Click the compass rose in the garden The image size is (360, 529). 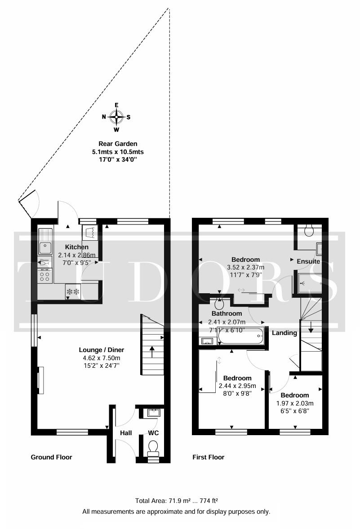(116, 117)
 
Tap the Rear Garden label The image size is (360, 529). (118, 144)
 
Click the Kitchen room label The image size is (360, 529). (77, 247)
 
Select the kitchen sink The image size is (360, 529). (45, 242)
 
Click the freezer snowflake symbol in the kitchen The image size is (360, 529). (73, 291)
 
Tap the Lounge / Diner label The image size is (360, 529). (101, 350)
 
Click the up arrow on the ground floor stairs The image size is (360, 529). (151, 352)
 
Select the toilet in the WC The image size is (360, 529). (153, 448)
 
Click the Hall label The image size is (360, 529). (126, 433)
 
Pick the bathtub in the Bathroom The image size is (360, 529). (241, 336)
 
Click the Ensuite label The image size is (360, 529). (308, 261)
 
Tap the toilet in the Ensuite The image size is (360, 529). (309, 230)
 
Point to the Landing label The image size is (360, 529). (284, 333)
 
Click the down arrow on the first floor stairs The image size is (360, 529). (311, 327)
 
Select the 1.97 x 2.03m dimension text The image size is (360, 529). (295, 403)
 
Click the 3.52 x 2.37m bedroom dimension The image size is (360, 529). (245, 267)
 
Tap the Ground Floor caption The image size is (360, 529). (51, 457)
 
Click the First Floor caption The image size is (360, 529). (209, 457)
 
